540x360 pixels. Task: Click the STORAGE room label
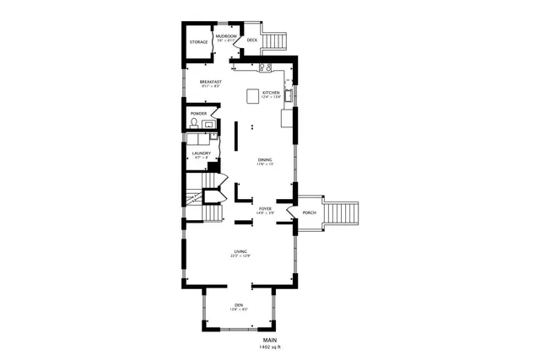click(198, 42)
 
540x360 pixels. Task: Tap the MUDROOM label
click(225, 36)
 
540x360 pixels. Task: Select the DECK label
click(251, 40)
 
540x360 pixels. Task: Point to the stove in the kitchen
click(264, 67)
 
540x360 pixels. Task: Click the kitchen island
click(252, 95)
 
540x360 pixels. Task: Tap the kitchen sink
click(289, 95)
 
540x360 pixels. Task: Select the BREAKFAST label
click(211, 82)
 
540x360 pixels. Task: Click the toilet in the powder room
click(194, 124)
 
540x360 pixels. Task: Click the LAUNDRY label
click(201, 153)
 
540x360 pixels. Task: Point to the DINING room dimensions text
click(266, 164)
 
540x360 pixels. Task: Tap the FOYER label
click(265, 207)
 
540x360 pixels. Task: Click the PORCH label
click(309, 212)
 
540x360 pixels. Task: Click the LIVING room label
click(240, 251)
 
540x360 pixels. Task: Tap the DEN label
click(239, 305)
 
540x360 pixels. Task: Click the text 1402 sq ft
click(269, 347)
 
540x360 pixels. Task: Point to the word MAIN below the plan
click(269, 340)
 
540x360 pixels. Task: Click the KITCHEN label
click(271, 92)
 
